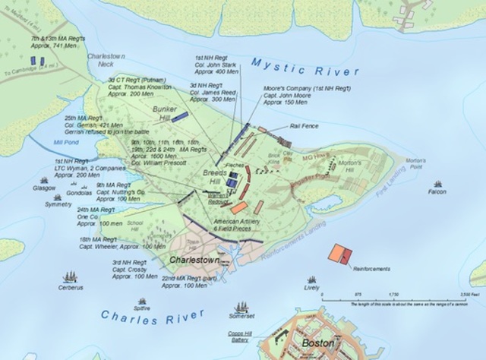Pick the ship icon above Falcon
click(x=437, y=184)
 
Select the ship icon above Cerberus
click(x=72, y=278)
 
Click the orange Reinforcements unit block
click(x=338, y=254)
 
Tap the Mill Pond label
click(x=56, y=141)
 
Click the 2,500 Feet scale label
click(x=461, y=294)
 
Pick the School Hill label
click(x=136, y=226)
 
